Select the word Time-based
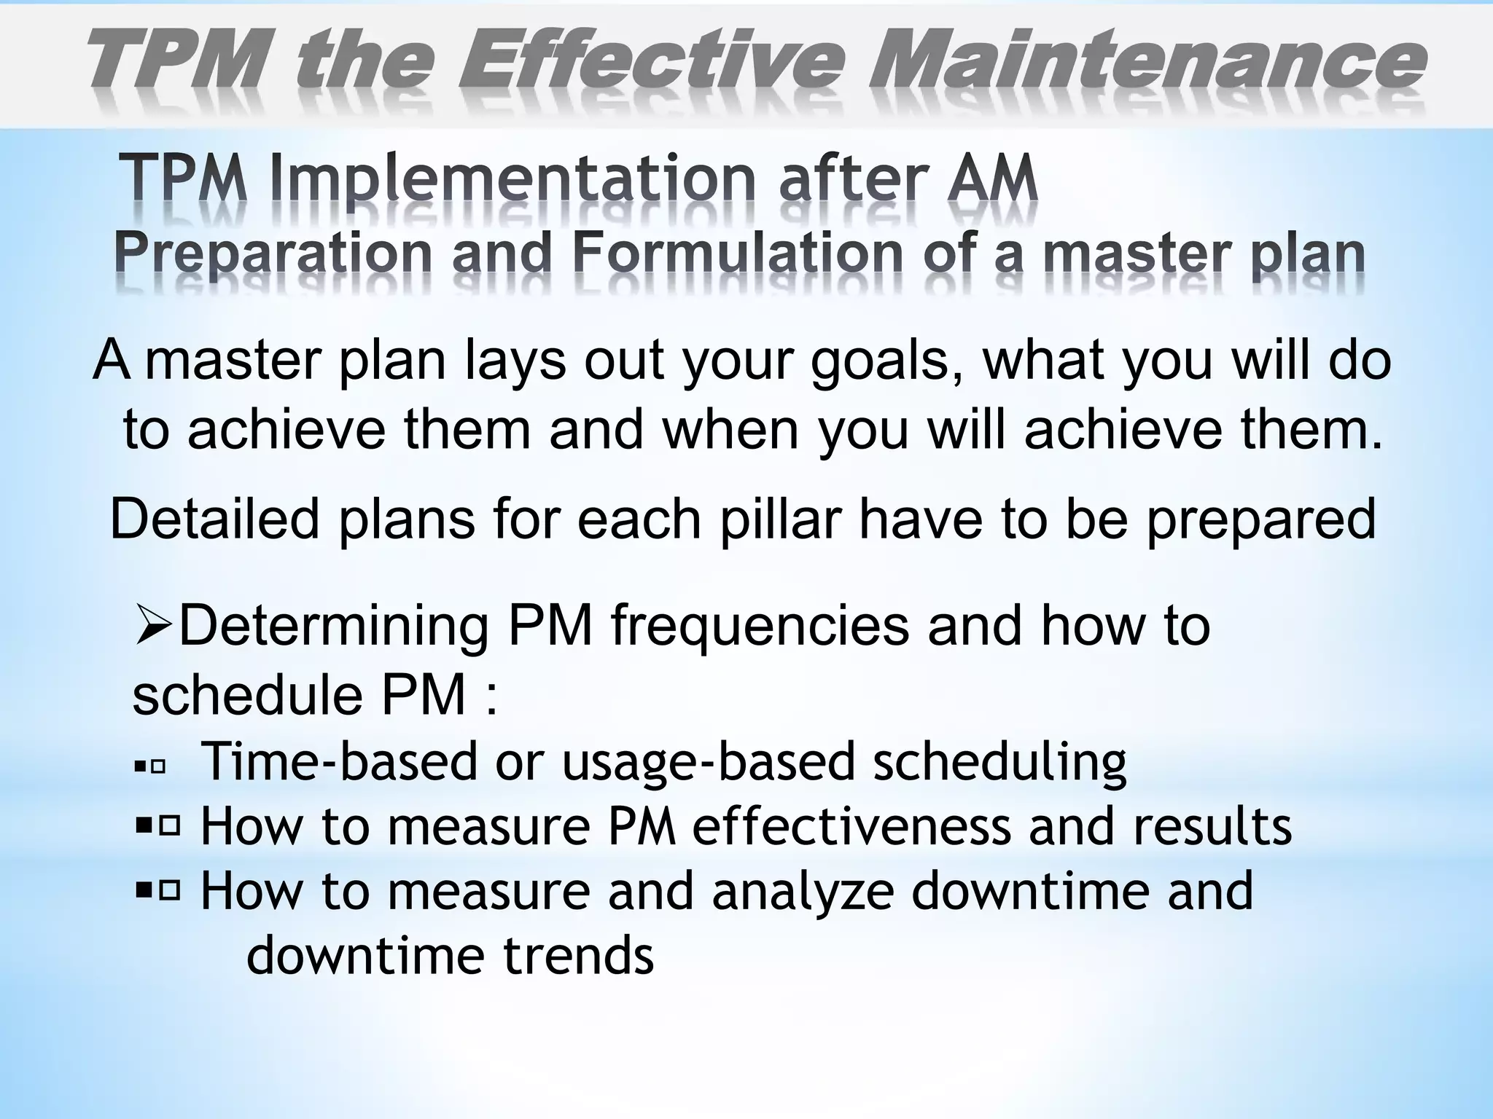[339, 762]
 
